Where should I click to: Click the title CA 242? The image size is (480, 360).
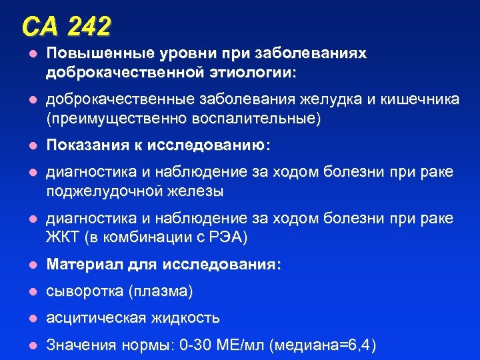tap(66, 27)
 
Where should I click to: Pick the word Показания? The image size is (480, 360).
tap(84, 146)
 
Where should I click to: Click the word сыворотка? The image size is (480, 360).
tap(83, 292)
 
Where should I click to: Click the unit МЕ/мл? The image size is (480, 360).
tap(244, 345)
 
